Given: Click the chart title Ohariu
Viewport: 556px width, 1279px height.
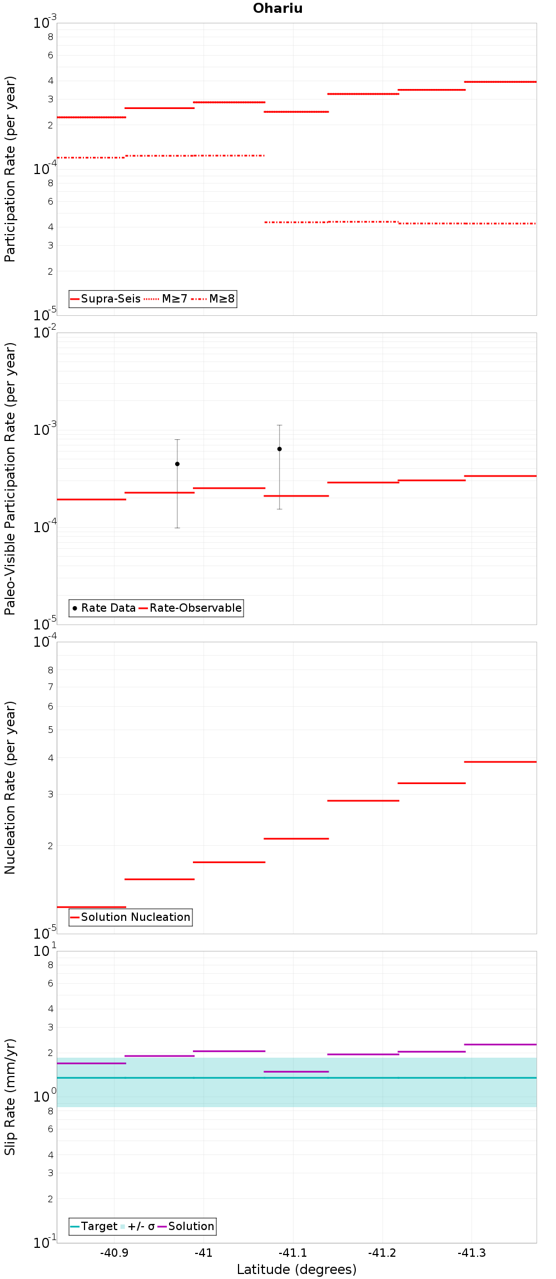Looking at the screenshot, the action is [x=277, y=8].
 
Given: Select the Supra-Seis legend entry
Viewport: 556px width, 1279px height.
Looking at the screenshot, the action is [x=105, y=299].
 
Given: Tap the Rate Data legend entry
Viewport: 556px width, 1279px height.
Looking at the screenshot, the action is [x=104, y=608].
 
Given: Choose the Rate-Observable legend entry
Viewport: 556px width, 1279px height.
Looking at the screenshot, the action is [x=190, y=608].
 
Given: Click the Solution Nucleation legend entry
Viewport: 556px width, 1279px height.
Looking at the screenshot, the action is [x=130, y=917].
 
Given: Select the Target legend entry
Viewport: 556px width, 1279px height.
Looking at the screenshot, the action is [x=93, y=1226].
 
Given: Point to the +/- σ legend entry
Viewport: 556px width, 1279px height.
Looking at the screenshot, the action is [x=137, y=1226].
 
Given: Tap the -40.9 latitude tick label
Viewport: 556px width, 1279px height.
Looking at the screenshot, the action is [x=114, y=1253].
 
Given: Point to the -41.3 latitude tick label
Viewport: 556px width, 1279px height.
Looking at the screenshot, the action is [x=471, y=1253].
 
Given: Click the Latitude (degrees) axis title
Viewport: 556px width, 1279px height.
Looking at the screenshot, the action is [x=296, y=1270].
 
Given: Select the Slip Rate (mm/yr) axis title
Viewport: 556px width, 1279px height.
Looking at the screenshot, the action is [x=10, y=1097].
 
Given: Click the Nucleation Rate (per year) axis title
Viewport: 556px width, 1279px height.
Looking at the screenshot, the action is [x=10, y=787].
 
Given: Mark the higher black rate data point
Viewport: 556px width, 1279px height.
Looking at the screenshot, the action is [x=279, y=449].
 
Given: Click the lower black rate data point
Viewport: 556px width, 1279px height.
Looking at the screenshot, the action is [x=177, y=464].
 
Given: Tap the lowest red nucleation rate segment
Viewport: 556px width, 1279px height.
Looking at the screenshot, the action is [x=91, y=907].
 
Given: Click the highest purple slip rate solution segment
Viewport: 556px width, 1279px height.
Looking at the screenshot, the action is [x=500, y=1044].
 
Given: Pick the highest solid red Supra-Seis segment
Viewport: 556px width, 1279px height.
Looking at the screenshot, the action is [x=500, y=82].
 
